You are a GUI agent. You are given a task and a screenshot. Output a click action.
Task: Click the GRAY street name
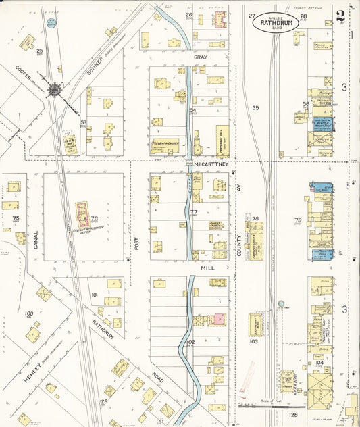pos(201,58)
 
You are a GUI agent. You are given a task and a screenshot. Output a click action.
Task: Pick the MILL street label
pos(206,268)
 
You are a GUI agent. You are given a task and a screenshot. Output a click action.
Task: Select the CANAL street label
pos(36,241)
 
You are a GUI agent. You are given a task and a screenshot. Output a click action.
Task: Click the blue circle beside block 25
pos(51,23)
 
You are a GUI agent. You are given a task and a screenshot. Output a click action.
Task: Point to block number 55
pos(255,107)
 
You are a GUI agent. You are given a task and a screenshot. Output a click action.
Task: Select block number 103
pos(254,342)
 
